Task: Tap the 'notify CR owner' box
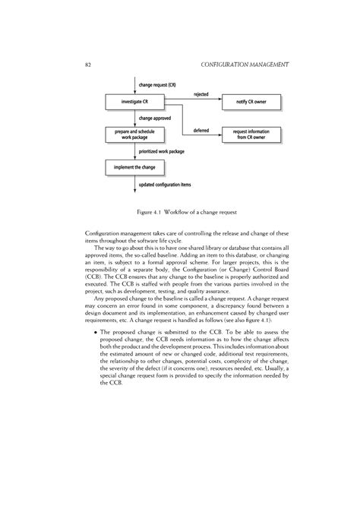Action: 251,102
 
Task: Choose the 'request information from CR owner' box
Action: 251,134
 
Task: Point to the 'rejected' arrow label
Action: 201,94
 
